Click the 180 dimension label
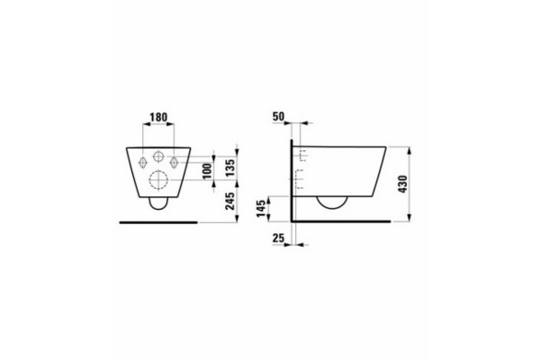click(158, 118)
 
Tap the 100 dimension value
click(207, 171)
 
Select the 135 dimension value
click(230, 167)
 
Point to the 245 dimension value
click(230, 201)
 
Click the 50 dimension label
click(279, 116)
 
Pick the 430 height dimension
click(403, 184)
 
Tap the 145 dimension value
click(261, 209)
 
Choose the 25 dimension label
click(279, 238)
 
